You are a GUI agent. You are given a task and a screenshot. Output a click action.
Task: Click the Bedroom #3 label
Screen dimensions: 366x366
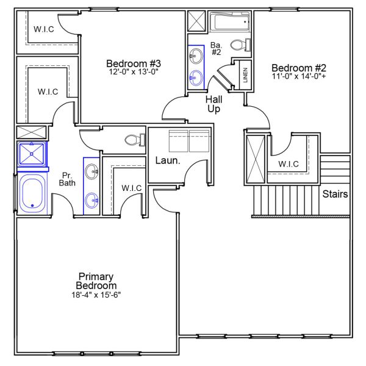point(133,63)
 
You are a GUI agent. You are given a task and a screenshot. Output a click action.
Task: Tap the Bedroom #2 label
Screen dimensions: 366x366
point(300,68)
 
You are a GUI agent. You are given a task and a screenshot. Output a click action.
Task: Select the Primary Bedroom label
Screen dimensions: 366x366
point(96,281)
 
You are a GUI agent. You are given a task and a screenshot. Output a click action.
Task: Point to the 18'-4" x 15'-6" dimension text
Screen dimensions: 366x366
point(96,295)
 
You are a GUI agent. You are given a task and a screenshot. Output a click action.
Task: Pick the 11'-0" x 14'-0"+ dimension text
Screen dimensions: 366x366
point(300,77)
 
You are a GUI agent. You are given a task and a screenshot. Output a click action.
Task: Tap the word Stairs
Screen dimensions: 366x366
point(335,195)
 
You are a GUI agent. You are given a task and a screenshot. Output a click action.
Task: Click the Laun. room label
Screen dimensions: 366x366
point(167,161)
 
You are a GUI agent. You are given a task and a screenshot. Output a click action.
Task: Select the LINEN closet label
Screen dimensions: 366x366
point(245,75)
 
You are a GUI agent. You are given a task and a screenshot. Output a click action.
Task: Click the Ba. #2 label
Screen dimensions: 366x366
point(217,48)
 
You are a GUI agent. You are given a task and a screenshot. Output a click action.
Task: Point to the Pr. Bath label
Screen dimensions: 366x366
point(66,178)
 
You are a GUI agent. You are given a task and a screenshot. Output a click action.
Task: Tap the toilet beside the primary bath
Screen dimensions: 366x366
point(133,140)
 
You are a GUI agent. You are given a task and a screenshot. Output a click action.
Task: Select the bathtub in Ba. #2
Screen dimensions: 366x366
point(230,24)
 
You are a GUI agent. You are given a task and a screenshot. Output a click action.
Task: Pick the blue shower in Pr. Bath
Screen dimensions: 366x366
point(31,154)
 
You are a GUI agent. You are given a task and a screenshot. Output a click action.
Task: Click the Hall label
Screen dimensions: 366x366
point(213,99)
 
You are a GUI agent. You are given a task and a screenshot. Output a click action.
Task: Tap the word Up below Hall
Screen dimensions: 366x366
point(213,109)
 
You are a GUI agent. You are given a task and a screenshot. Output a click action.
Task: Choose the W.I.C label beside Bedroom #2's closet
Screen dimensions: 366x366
point(289,164)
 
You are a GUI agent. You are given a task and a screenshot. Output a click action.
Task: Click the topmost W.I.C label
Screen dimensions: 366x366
point(45,29)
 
